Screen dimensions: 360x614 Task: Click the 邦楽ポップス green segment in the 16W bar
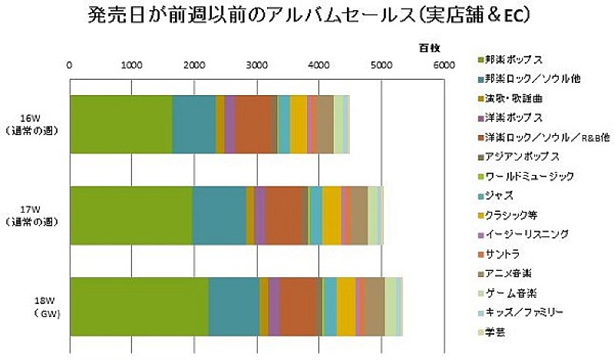click(x=120, y=124)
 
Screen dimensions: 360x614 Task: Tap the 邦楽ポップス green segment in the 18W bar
click(x=139, y=306)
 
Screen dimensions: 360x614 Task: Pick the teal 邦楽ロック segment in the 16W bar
click(x=193, y=124)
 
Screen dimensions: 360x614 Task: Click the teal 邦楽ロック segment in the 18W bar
click(x=233, y=306)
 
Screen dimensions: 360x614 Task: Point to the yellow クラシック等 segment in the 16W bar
click(x=299, y=124)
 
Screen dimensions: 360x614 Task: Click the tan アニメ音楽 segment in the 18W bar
click(x=374, y=306)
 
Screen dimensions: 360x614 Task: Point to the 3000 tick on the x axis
click(x=257, y=64)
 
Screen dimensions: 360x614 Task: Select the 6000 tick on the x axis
click(x=444, y=64)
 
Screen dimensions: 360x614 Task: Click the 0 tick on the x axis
click(x=70, y=64)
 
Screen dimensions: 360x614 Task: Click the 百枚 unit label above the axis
click(x=429, y=48)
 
